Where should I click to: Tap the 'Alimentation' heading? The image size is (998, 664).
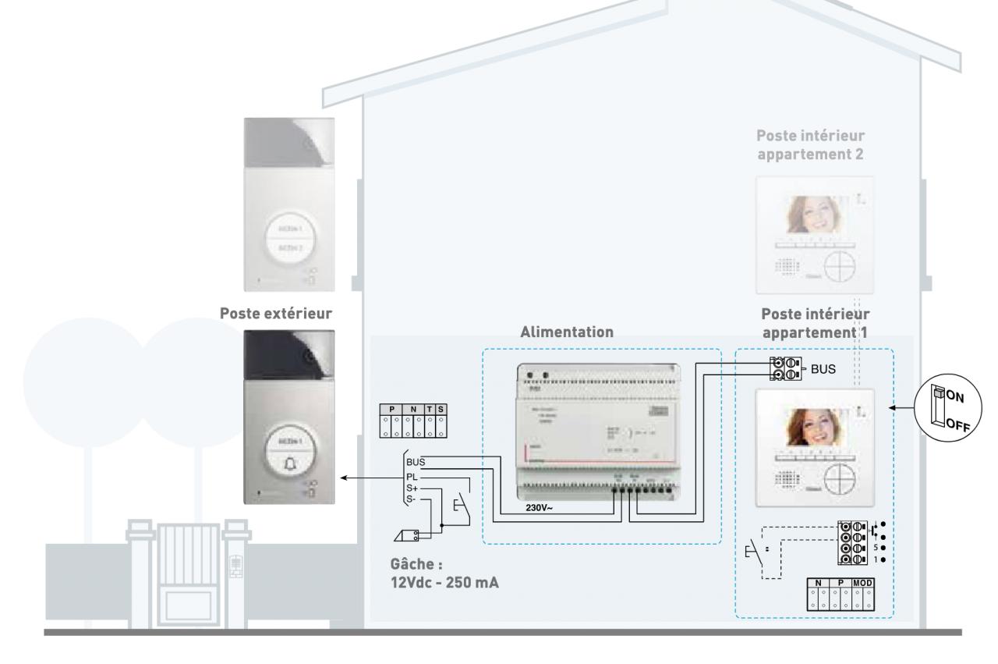[x=568, y=331]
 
